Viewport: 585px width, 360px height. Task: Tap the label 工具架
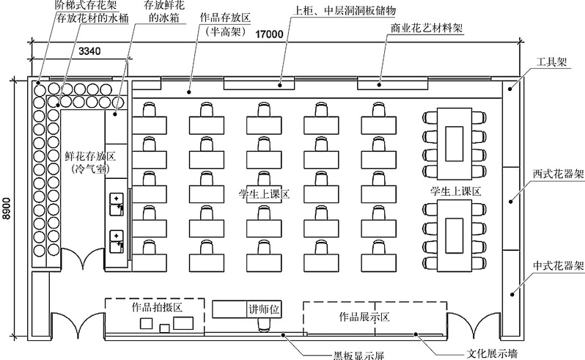551,63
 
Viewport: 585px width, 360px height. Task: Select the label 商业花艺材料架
427,29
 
